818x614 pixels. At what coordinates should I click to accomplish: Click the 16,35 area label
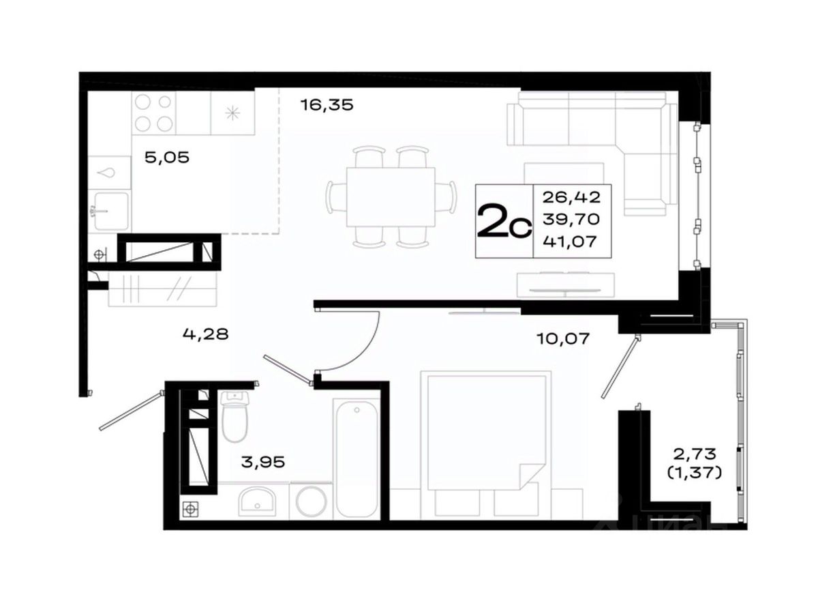pyautogui.click(x=327, y=106)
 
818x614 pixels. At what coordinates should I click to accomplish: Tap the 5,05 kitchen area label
pyautogui.click(x=167, y=158)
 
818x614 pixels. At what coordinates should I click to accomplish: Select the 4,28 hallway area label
pyautogui.click(x=205, y=334)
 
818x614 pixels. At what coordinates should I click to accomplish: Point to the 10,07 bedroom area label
pyautogui.click(x=563, y=338)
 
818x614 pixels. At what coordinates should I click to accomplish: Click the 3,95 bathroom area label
pyautogui.click(x=263, y=463)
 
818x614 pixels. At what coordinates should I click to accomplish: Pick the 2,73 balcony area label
pyautogui.click(x=694, y=454)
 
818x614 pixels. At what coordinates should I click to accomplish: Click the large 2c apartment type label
pyautogui.click(x=504, y=222)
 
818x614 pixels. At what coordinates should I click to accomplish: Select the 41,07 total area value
pyautogui.click(x=570, y=242)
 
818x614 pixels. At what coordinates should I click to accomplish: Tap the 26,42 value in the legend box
pyautogui.click(x=571, y=197)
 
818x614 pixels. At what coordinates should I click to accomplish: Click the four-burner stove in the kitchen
pyautogui.click(x=153, y=113)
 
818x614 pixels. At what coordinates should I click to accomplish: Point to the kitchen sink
pyautogui.click(x=111, y=211)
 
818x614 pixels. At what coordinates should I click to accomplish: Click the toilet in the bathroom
pyautogui.click(x=234, y=416)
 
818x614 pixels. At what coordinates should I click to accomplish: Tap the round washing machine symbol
pyautogui.click(x=310, y=501)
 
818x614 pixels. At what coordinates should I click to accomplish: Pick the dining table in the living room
pyautogui.click(x=391, y=197)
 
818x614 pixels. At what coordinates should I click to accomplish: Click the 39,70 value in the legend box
pyautogui.click(x=571, y=220)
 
